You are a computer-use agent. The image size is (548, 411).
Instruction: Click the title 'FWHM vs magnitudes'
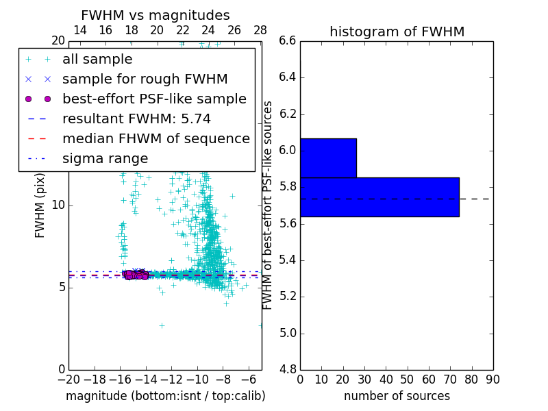point(155,16)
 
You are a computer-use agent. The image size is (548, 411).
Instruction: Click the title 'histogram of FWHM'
point(397,32)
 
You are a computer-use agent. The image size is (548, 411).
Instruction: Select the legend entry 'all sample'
point(97,60)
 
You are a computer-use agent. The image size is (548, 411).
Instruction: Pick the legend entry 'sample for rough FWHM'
point(145,79)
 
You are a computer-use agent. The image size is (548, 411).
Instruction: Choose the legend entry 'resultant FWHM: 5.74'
point(136,119)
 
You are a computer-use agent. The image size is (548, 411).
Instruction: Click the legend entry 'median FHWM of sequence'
point(155,138)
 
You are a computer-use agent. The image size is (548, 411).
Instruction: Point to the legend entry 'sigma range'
point(105,158)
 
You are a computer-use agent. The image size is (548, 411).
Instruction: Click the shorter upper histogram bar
point(328,158)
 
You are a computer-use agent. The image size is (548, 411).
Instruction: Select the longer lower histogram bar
point(379,197)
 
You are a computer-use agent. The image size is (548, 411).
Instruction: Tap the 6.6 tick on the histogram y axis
point(288,40)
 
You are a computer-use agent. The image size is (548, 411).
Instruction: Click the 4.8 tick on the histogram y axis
point(288,369)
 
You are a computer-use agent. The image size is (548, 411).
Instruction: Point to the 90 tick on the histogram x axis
point(493,379)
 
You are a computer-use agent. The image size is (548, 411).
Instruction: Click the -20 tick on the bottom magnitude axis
point(68,379)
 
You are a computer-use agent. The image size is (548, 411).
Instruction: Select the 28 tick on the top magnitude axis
point(260,30)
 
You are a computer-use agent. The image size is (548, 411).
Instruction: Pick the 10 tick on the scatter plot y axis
point(59,205)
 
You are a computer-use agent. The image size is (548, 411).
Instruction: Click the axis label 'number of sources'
point(397,396)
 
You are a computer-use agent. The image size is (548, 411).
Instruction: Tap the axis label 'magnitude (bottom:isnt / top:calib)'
point(165,396)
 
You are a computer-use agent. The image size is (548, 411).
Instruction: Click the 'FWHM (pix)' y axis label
point(40,205)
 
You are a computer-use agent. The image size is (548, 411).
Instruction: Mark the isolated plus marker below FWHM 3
point(162,325)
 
